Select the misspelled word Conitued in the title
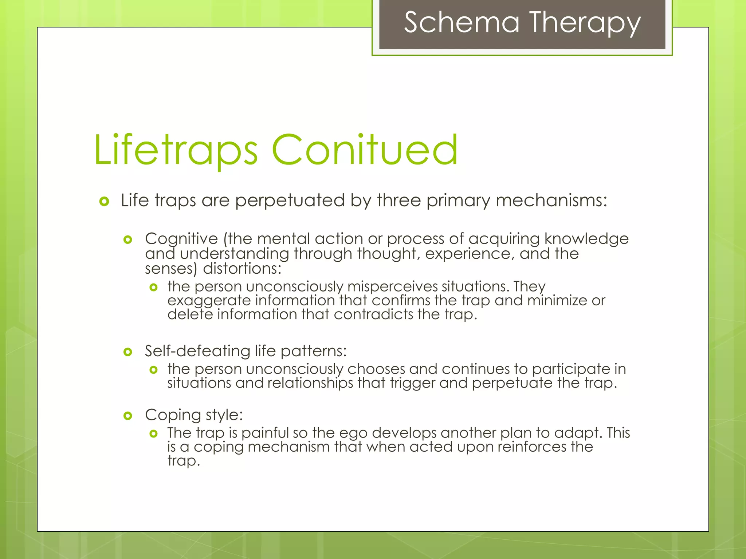364,150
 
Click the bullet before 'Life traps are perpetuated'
104,201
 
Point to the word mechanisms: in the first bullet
551,201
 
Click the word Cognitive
181,239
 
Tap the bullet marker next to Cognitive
127,239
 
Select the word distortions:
242,269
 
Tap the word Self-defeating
197,351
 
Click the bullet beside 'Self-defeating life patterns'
127,352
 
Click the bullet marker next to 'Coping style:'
127,416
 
